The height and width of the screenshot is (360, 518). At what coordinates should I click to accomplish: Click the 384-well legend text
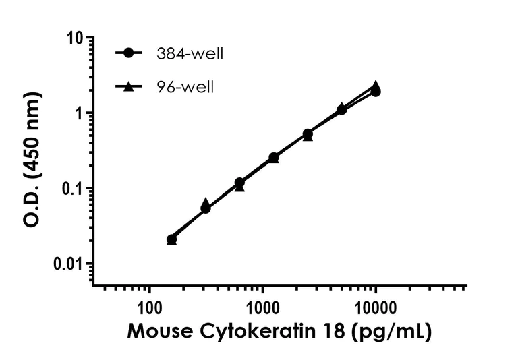click(190, 54)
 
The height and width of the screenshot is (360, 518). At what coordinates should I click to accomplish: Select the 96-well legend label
click(185, 87)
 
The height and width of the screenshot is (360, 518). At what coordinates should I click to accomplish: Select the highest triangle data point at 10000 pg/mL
click(376, 86)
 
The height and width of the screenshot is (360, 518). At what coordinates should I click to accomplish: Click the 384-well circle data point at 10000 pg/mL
click(376, 92)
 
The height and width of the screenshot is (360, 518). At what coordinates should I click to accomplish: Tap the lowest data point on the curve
click(171, 239)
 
